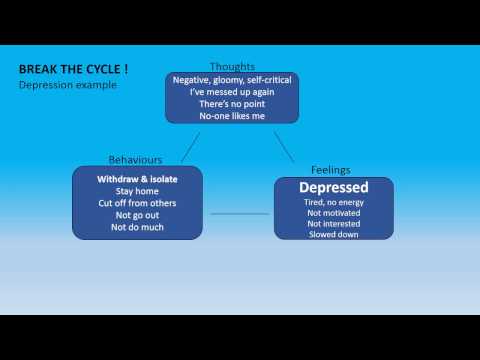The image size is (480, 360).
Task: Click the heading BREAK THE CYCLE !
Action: coord(73,69)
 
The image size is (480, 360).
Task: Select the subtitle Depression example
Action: coord(68,85)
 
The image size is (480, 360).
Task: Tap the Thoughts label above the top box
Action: coord(232,67)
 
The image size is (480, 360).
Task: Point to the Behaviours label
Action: coord(135,160)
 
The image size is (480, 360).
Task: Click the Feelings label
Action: coord(331,170)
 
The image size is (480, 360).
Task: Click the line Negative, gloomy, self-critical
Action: coord(232,80)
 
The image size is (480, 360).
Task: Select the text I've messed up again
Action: coord(232,92)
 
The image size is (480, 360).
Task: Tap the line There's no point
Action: coord(232,104)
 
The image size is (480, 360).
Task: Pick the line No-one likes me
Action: coord(232,116)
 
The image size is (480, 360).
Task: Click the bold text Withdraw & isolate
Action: coord(137,179)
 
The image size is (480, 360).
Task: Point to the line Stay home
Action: coord(137,191)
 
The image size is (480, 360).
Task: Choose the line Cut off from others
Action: coord(137,203)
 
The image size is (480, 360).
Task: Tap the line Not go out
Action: coord(137,216)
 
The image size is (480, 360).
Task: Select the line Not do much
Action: coord(137,227)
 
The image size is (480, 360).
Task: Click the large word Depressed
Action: coord(334,188)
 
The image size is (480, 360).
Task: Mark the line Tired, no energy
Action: coord(334,203)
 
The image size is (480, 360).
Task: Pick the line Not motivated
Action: coord(334,213)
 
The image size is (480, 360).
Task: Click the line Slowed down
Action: coord(334,234)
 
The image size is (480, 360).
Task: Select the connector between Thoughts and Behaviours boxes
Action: coord(190,148)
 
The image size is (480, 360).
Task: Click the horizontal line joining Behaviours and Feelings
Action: coord(240,214)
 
